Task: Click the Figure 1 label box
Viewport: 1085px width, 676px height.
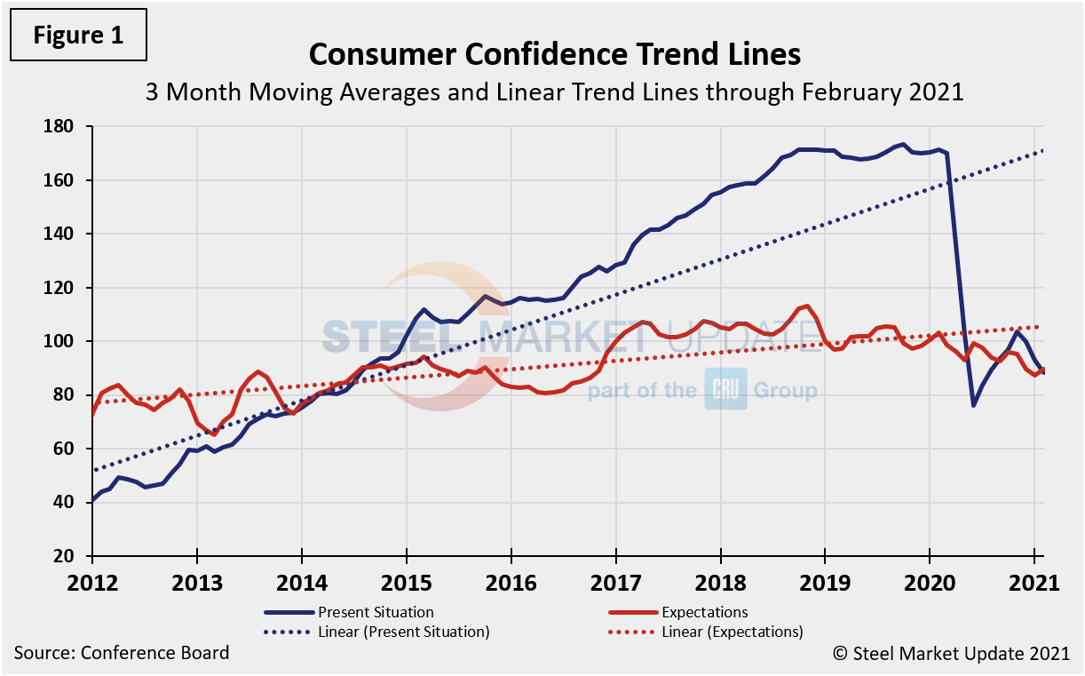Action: pyautogui.click(x=77, y=35)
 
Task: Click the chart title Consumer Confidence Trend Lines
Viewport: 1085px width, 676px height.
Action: pyautogui.click(x=554, y=55)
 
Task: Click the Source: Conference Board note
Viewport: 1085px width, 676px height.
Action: pyautogui.click(x=122, y=653)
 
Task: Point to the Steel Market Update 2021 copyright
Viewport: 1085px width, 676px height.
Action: pyautogui.click(x=951, y=654)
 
